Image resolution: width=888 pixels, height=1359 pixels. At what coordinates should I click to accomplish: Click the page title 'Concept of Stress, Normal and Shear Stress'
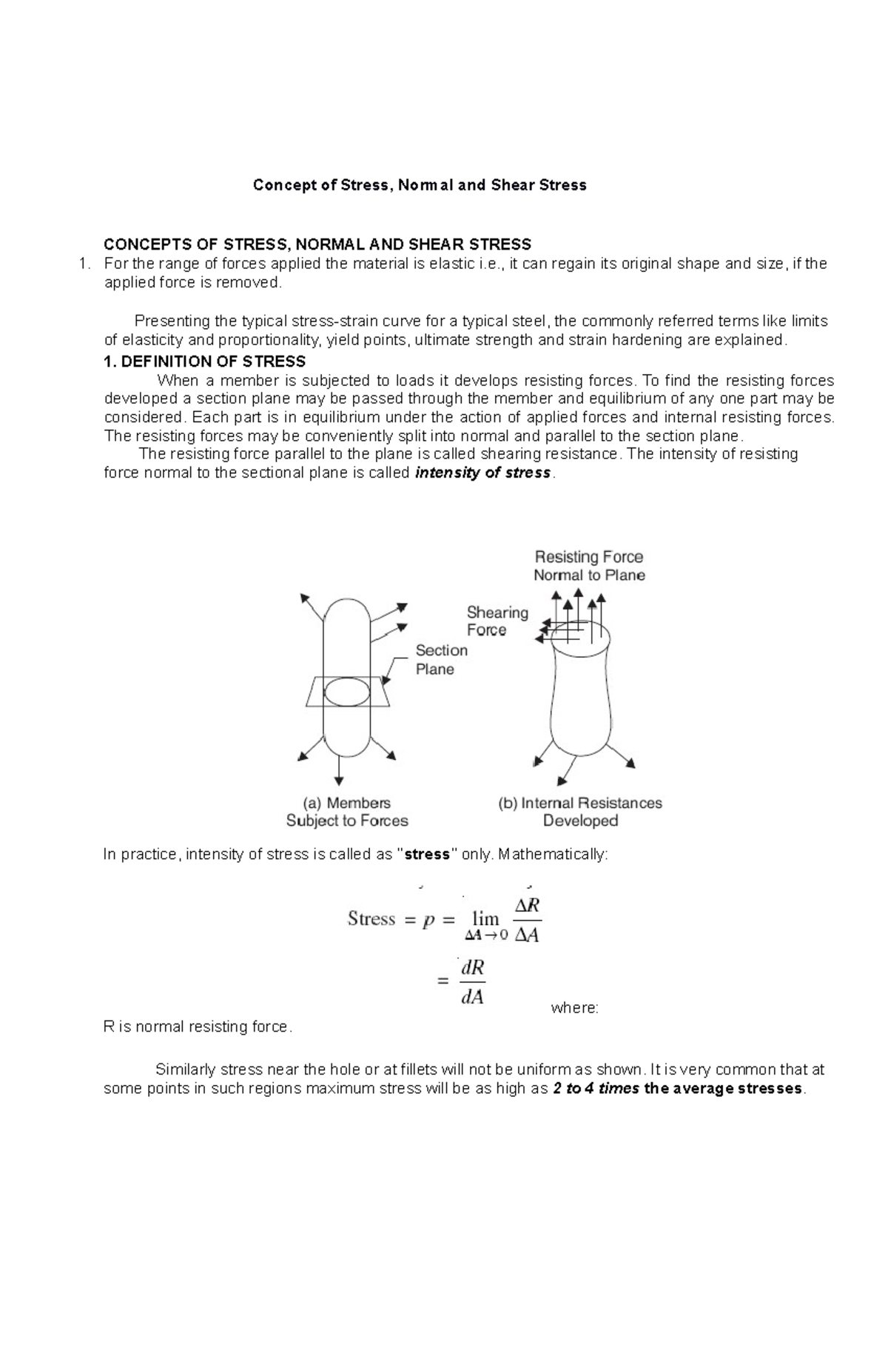(420, 185)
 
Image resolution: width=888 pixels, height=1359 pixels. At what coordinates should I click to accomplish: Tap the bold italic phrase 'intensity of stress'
(483, 473)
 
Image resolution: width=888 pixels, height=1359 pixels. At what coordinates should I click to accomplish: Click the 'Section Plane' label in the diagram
(441, 659)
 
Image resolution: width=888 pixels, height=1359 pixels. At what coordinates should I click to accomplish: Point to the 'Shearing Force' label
(497, 621)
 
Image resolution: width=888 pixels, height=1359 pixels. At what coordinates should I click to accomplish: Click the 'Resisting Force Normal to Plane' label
(589, 566)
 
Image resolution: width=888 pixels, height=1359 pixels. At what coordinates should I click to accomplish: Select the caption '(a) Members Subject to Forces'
(347, 812)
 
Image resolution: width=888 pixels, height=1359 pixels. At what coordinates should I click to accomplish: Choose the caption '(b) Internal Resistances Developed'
(580, 812)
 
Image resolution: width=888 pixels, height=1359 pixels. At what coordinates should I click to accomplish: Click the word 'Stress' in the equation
(371, 919)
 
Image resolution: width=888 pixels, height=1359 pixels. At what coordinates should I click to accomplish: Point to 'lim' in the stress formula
(485, 918)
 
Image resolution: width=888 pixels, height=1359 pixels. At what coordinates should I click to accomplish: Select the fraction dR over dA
(472, 982)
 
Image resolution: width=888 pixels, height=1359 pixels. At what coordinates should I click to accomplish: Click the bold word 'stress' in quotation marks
(428, 855)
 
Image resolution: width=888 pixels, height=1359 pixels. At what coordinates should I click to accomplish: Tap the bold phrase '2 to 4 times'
(596, 1089)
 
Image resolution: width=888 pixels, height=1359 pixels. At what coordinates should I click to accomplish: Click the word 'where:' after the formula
(575, 1008)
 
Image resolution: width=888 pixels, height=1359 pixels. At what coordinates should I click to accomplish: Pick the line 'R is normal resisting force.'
(198, 1026)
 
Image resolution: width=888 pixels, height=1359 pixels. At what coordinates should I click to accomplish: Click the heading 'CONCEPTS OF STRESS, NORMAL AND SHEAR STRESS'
(317, 244)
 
